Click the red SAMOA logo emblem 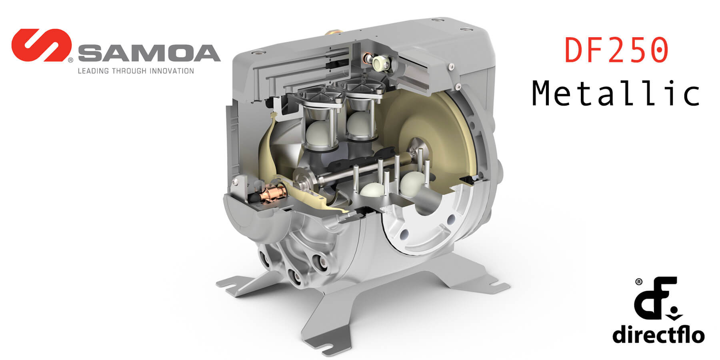click(x=41, y=45)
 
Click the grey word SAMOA click(x=149, y=54)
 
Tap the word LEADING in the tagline click(x=93, y=71)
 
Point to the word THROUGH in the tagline click(x=129, y=71)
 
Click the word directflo click(x=658, y=334)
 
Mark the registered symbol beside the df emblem click(x=639, y=282)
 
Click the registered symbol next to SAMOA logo click(x=70, y=60)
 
